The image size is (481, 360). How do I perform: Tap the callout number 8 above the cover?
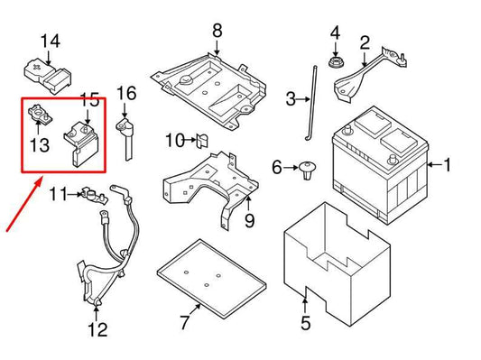[217, 32]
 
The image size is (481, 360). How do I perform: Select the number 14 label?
[50, 41]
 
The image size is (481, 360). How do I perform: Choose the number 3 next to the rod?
[291, 98]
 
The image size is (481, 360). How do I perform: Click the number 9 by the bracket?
[249, 220]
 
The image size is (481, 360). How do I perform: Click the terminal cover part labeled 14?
[46, 72]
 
